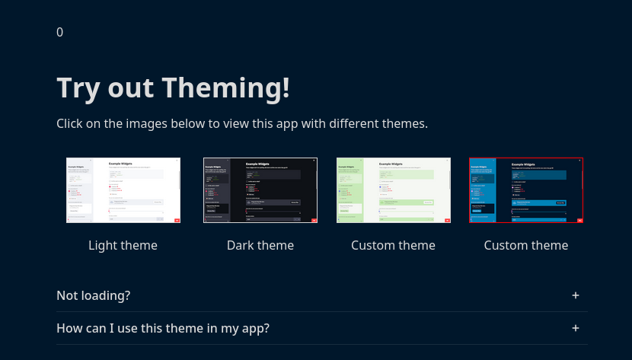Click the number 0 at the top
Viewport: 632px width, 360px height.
click(x=60, y=32)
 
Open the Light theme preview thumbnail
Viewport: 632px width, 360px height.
click(x=123, y=190)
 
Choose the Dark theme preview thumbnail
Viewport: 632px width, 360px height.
click(x=260, y=190)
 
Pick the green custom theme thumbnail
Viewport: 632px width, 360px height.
click(x=394, y=190)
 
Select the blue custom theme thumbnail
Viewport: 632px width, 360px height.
click(x=526, y=190)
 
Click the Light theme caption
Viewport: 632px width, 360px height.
click(x=123, y=245)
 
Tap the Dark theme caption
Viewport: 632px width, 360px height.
click(x=260, y=245)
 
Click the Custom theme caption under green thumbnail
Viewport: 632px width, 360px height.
click(x=394, y=245)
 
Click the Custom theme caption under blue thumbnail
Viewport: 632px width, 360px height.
click(x=526, y=245)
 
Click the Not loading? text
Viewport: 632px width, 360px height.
click(x=94, y=295)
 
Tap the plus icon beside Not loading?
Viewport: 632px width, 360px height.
click(x=576, y=295)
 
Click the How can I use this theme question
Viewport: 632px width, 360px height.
click(x=163, y=328)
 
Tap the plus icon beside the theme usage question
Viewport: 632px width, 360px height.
click(x=576, y=328)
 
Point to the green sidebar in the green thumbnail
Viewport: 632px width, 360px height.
click(x=350, y=190)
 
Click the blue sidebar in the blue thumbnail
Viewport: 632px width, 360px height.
click(x=483, y=190)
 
